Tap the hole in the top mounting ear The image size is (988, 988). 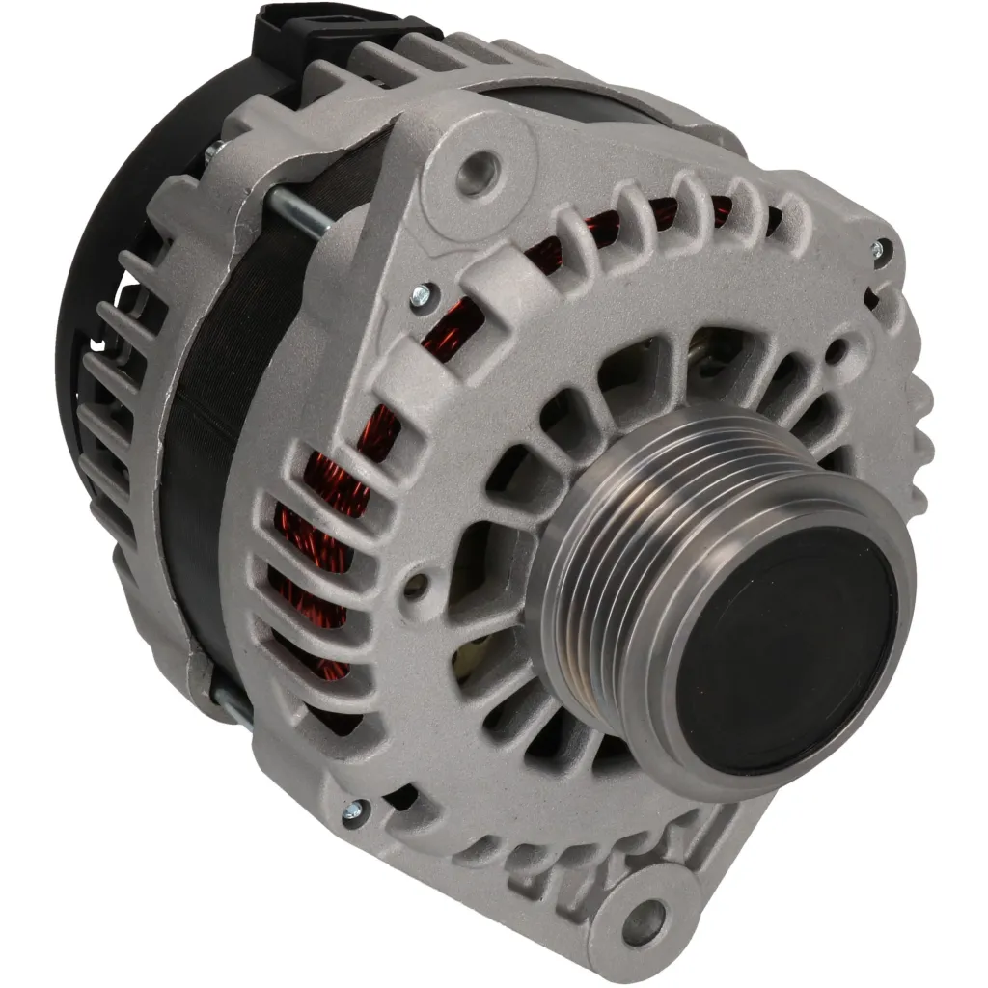476,174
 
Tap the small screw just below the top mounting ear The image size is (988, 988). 422,295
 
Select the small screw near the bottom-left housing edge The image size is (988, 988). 355,812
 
